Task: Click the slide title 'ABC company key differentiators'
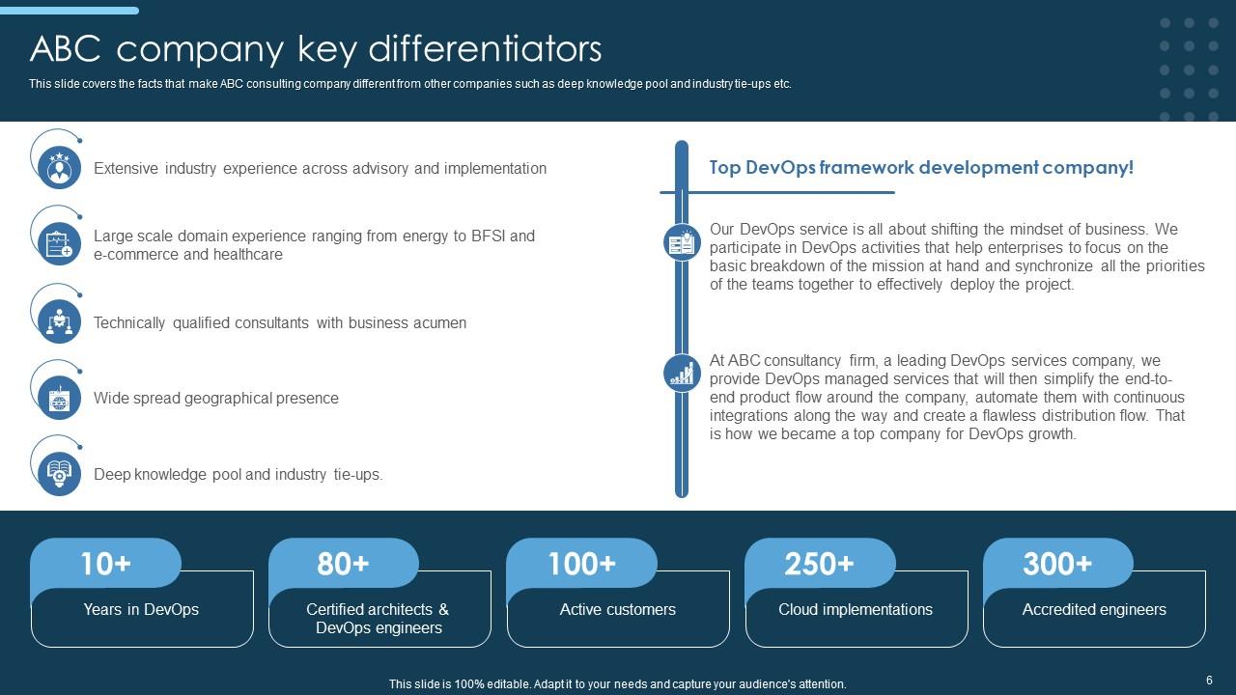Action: (316, 48)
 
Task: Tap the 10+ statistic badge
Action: (106, 564)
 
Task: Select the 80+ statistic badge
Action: (344, 564)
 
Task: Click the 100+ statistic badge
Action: (581, 564)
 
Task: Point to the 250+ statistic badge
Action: (820, 564)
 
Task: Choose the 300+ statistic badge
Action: (1057, 564)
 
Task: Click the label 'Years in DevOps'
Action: (141, 609)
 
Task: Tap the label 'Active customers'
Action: (618, 609)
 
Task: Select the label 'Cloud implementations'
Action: (856, 609)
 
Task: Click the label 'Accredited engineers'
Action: (1094, 609)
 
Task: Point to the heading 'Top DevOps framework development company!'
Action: (921, 168)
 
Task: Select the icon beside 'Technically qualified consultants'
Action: (60, 321)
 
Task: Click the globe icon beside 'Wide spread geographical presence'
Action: (60, 398)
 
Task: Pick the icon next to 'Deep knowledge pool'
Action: (60, 473)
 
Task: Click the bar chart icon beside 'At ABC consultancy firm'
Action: (683, 373)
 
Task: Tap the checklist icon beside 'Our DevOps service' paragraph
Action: (683, 242)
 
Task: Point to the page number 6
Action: (1209, 681)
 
